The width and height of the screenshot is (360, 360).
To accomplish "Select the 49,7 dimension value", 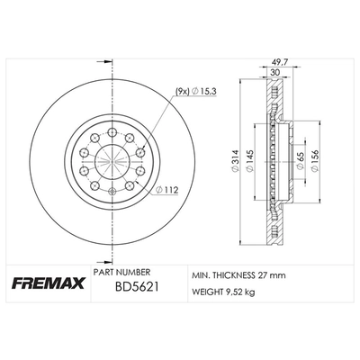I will (x=277, y=64).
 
